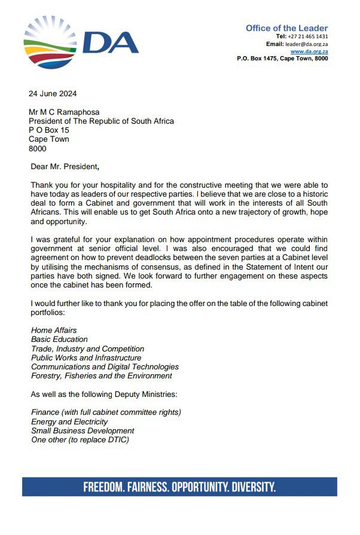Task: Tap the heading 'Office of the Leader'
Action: (x=286, y=28)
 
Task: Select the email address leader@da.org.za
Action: (x=307, y=44)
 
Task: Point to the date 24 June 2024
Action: (x=53, y=93)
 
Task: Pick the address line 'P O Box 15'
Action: (x=49, y=130)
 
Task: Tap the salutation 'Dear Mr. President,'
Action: (x=65, y=166)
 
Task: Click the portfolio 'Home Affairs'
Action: (x=54, y=330)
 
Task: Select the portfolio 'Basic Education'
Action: (x=59, y=340)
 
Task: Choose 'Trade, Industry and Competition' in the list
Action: (x=87, y=348)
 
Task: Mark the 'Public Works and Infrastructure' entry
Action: (x=86, y=357)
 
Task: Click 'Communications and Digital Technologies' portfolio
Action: (x=105, y=366)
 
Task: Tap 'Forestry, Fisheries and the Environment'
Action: (x=101, y=375)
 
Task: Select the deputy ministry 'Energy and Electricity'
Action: (x=69, y=421)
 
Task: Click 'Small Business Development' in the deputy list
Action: (x=83, y=430)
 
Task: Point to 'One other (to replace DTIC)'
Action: (x=80, y=440)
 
